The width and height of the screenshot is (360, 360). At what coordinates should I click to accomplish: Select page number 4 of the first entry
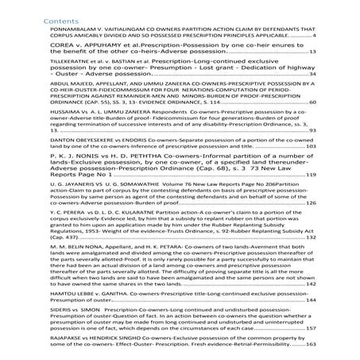pyautogui.click(x=315, y=36)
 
